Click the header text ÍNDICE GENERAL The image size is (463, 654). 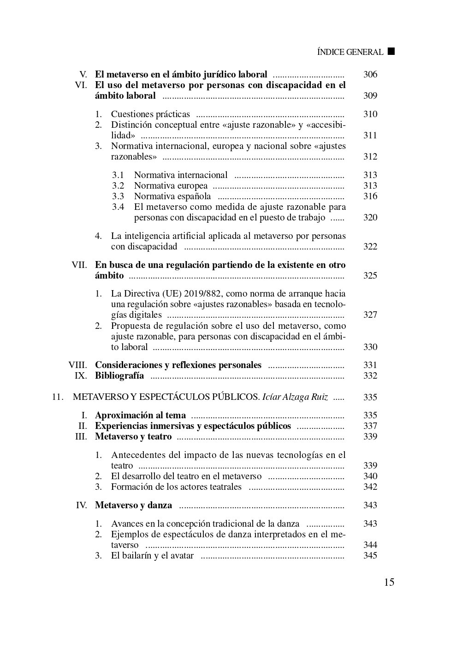tap(350, 52)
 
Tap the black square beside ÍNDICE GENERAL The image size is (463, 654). tap(391, 51)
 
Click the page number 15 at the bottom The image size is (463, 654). tap(389, 582)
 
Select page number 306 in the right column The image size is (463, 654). tap(370, 74)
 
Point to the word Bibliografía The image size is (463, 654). tap(119, 375)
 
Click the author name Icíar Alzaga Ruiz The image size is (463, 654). tap(295, 397)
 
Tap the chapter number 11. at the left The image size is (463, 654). tap(58, 397)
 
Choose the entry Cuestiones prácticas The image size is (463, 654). tap(150, 114)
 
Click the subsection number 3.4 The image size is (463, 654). tap(118, 207)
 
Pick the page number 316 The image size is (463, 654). tap(370, 196)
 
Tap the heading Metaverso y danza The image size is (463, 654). tap(133, 505)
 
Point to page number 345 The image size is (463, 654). tap(370, 555)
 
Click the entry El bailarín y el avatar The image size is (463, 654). tap(152, 555)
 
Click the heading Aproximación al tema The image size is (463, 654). tap(140, 415)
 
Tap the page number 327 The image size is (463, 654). tap(370, 315)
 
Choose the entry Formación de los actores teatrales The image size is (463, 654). tap(176, 487)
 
